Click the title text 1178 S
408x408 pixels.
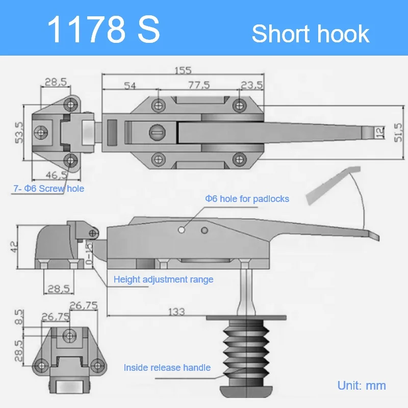[104, 30]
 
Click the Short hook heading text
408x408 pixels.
[310, 34]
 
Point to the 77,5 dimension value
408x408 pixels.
[198, 85]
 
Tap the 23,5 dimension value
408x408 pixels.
[251, 85]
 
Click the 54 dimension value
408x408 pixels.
[130, 85]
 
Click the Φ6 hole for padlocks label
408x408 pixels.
[247, 198]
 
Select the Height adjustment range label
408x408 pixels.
[163, 279]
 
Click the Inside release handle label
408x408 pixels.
[167, 367]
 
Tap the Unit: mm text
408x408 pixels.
[362, 385]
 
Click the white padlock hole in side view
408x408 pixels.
[181, 231]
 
